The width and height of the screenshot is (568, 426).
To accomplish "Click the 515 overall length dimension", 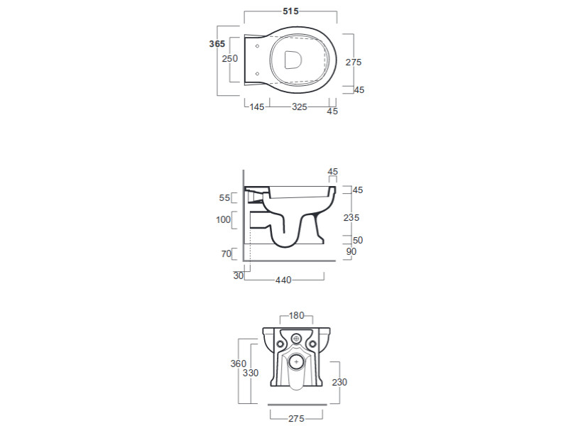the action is (290, 11).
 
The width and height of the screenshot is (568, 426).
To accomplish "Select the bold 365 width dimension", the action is (217, 44).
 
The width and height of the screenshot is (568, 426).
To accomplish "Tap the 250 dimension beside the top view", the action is (229, 58).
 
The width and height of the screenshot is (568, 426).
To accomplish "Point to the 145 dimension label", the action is (257, 107).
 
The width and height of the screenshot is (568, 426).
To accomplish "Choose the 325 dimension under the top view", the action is (299, 107).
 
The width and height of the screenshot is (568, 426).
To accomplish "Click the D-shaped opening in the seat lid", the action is (293, 60).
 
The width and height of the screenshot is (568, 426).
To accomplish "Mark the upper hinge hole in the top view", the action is (257, 46).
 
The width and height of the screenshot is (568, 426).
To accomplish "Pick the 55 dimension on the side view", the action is (224, 198).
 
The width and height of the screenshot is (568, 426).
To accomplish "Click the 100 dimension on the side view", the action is (223, 219).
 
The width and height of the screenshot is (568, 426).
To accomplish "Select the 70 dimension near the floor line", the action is (226, 254).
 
